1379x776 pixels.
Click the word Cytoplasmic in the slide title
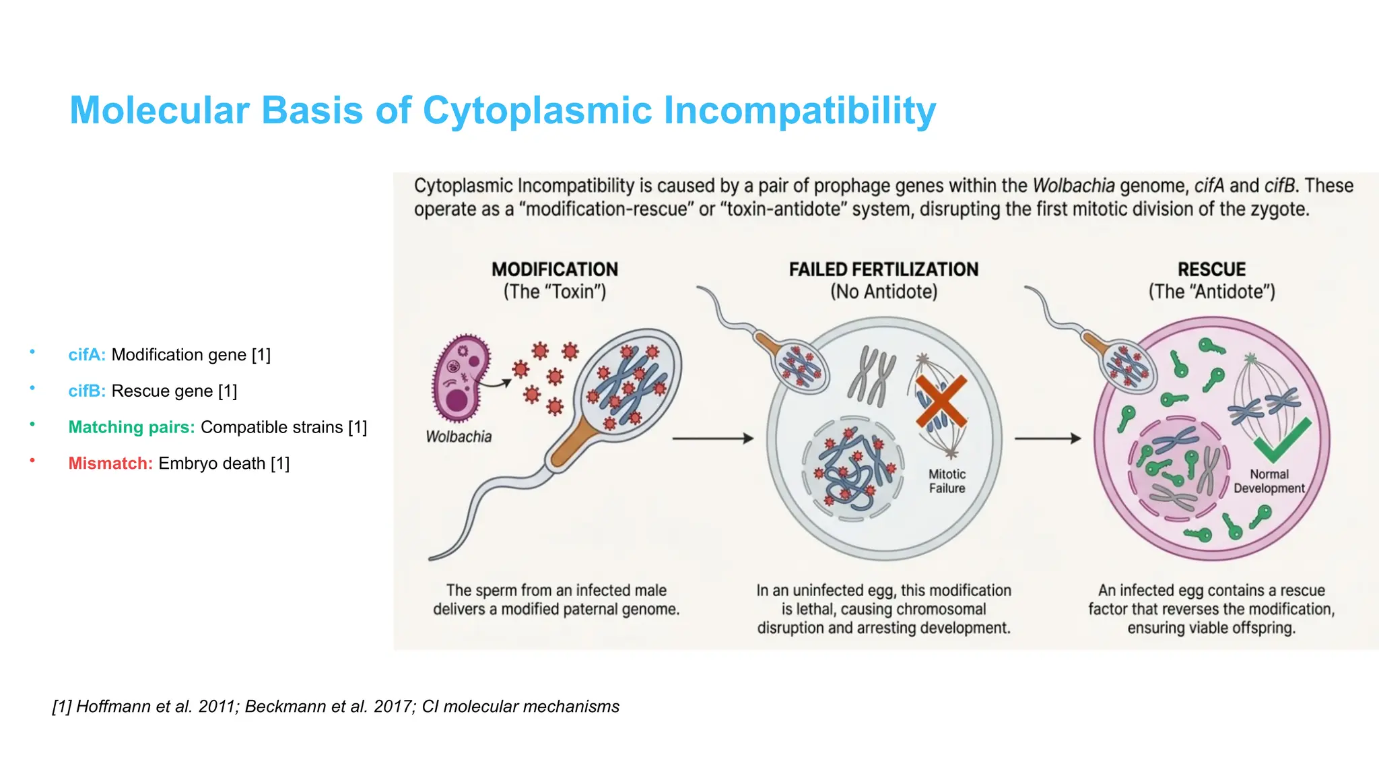click(537, 110)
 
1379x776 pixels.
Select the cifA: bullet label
click(87, 355)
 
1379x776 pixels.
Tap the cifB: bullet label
click(87, 391)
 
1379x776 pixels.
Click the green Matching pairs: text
click(131, 428)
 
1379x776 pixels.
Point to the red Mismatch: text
click(110, 464)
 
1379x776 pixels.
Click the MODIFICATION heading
click(554, 269)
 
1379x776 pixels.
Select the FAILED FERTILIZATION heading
click(883, 269)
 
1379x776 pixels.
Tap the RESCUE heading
click(1211, 269)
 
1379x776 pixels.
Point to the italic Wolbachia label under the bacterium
click(459, 437)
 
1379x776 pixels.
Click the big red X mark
click(941, 402)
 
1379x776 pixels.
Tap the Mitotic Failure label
click(947, 482)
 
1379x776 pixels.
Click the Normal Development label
click(1269, 482)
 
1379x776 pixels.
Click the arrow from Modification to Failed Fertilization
click(712, 439)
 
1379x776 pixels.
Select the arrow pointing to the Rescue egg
click(1047, 439)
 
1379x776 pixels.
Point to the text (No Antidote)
click(883, 292)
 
